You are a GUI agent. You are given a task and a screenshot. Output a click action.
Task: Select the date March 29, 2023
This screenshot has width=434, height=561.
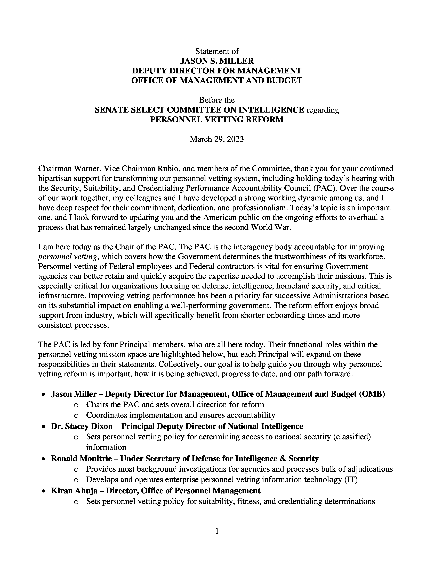click(217, 139)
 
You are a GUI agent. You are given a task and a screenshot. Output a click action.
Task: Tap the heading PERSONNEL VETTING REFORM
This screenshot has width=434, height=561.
click(217, 120)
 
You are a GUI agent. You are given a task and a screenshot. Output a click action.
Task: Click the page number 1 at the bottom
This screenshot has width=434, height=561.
click(217, 531)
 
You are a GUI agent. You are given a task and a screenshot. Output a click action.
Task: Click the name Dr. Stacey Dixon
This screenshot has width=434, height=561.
click(82, 426)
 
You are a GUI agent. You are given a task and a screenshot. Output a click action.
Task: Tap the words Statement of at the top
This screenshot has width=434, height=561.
click(217, 51)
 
